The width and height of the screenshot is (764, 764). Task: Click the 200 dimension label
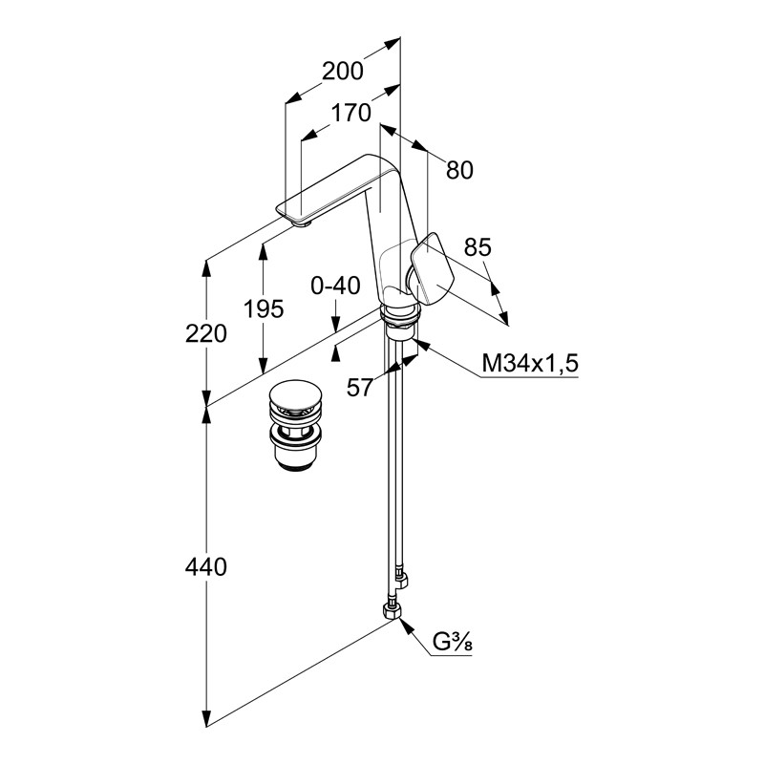pyautogui.click(x=342, y=71)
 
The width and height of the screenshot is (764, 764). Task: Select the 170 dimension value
pyautogui.click(x=350, y=113)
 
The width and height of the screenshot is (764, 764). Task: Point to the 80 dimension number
pyautogui.click(x=459, y=170)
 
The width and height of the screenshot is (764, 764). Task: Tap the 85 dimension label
pyautogui.click(x=477, y=247)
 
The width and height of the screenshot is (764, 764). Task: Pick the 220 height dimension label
pyautogui.click(x=206, y=333)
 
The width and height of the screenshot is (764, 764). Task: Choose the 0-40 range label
pyautogui.click(x=336, y=286)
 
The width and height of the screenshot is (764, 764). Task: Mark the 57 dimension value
pyautogui.click(x=360, y=387)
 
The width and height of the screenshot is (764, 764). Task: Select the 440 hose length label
pyautogui.click(x=206, y=567)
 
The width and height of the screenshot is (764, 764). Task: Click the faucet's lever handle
pyautogui.click(x=435, y=269)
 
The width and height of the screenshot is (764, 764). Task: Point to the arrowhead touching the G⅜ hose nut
pyautogui.click(x=406, y=626)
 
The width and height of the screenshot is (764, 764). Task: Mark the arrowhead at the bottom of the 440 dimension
pyautogui.click(x=206, y=718)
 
